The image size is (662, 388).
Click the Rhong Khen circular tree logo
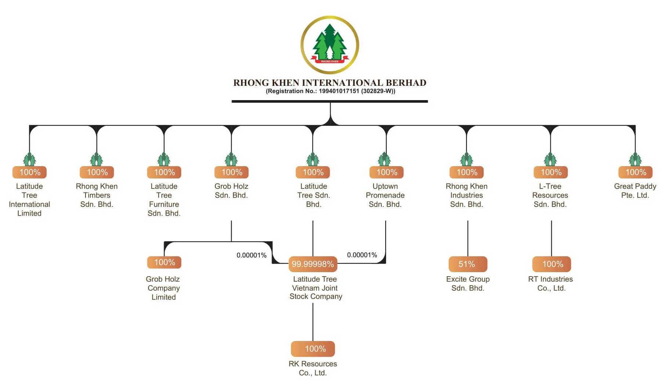tap(330, 45)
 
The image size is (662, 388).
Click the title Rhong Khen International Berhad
tap(330, 83)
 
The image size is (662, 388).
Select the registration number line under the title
tap(330, 91)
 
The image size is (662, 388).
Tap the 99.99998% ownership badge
tap(313, 264)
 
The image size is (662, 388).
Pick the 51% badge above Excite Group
tap(468, 264)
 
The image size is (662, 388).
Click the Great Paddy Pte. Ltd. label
tap(635, 191)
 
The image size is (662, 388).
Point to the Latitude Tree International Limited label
tap(29, 200)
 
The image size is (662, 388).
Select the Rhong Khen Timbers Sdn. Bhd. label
tap(97, 195)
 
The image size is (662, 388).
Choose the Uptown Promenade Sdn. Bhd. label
tap(385, 195)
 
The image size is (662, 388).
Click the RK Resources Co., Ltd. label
tap(313, 368)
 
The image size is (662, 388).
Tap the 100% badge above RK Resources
tap(313, 349)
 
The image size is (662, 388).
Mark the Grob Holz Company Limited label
tap(163, 288)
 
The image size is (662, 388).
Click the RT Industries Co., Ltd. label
tap(550, 283)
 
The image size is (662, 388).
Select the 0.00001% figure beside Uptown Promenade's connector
tap(362, 255)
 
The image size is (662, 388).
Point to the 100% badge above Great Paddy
tap(635, 172)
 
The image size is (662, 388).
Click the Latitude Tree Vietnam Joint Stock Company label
tap(315, 288)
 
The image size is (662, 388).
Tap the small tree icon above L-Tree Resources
tap(550, 159)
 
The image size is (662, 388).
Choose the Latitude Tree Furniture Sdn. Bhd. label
tap(164, 200)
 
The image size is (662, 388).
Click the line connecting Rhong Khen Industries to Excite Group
tap(468, 238)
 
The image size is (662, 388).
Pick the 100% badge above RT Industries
tap(552, 264)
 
